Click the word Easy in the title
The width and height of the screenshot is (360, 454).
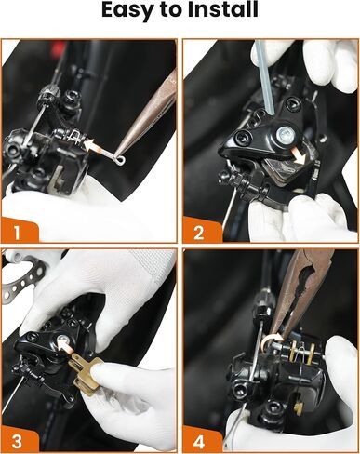click(128, 10)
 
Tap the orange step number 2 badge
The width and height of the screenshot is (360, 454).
click(201, 230)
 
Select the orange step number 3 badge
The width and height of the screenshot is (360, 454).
click(19, 439)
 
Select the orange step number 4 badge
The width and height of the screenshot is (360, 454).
click(201, 439)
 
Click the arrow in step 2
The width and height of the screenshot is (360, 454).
click(298, 155)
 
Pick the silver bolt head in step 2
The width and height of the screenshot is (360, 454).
click(286, 134)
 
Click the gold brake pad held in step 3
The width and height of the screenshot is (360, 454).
click(87, 374)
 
